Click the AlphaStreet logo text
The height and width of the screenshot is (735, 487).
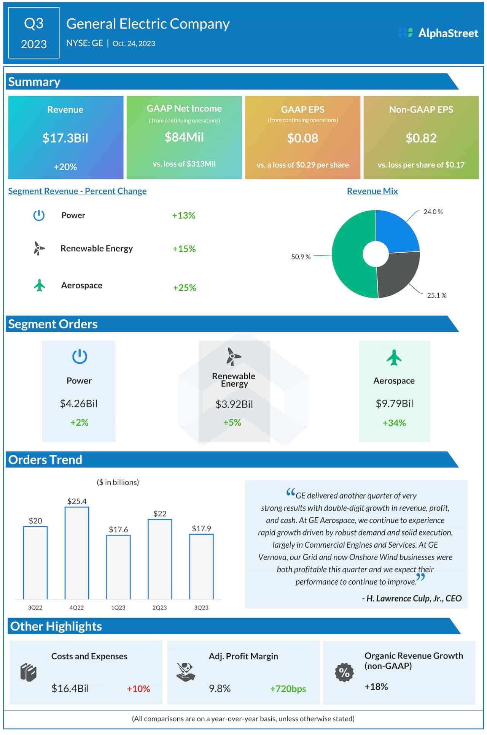(x=448, y=33)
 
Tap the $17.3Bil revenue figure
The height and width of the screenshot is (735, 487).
(x=65, y=138)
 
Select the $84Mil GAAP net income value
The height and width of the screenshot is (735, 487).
(x=184, y=137)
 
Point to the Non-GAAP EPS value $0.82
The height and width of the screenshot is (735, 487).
(x=421, y=138)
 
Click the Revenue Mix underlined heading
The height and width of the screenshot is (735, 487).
(x=372, y=191)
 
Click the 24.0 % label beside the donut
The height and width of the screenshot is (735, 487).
(x=433, y=212)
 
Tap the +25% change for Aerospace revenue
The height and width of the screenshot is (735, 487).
(x=185, y=288)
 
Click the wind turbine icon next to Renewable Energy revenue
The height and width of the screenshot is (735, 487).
(x=38, y=249)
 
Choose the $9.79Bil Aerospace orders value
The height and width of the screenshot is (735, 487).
(x=394, y=404)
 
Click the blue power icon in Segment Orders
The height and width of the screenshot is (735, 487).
(x=80, y=356)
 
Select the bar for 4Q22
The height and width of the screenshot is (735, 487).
(x=77, y=553)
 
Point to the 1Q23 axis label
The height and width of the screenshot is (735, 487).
(x=118, y=608)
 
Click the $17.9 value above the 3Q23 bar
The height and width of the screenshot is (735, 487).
(x=201, y=529)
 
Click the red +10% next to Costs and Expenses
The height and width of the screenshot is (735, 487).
(x=138, y=689)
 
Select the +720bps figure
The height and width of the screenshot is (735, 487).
(x=288, y=689)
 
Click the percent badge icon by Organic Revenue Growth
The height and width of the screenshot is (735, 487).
(x=344, y=672)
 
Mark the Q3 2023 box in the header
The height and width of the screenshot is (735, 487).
(x=34, y=33)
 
